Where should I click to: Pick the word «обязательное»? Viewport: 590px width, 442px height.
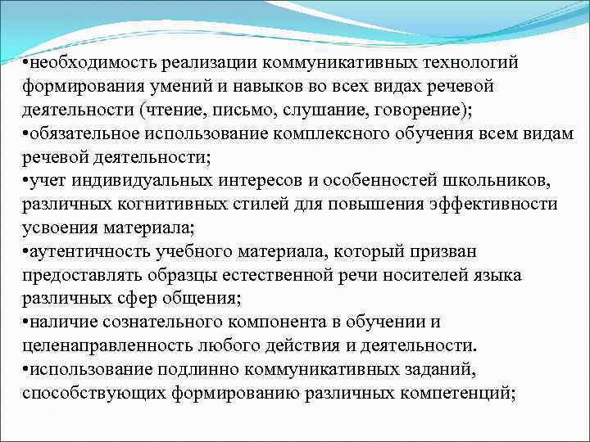[91, 133]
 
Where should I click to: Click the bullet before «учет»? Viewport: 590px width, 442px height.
[27, 180]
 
